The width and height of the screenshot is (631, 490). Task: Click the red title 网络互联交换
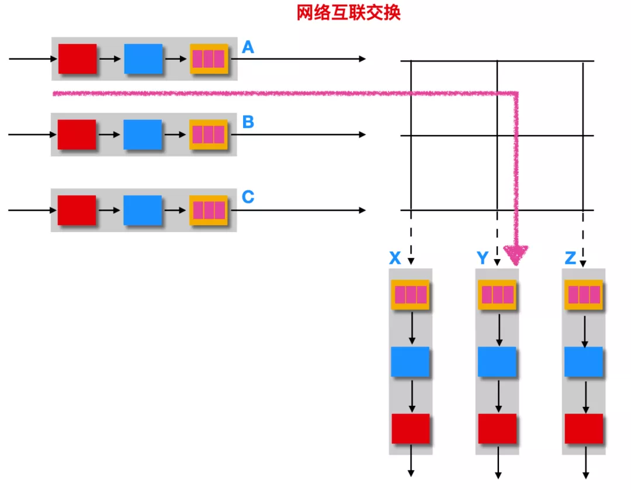(x=348, y=12)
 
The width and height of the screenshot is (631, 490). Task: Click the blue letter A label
(x=248, y=47)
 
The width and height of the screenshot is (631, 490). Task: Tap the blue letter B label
(x=248, y=122)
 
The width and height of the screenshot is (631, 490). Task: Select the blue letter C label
(x=248, y=197)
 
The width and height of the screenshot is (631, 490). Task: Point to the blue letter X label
(x=395, y=258)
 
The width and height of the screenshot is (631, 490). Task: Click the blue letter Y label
(x=483, y=258)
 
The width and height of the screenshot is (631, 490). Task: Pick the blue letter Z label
(x=571, y=258)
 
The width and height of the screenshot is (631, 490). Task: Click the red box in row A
(x=77, y=59)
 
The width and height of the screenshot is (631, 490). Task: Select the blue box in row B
(x=143, y=134)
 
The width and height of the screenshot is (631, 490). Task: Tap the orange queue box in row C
(x=209, y=210)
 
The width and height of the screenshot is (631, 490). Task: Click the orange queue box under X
(x=411, y=295)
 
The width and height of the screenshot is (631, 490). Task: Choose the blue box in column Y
(x=497, y=361)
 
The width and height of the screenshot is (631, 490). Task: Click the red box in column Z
(x=584, y=429)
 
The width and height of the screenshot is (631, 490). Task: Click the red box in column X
(x=411, y=429)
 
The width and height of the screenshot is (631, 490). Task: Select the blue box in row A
(x=143, y=59)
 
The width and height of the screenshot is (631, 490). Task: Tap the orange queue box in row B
(x=209, y=134)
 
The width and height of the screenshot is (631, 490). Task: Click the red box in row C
(x=77, y=210)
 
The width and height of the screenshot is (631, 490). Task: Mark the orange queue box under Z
(x=584, y=295)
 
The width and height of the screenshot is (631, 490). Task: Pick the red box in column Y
(x=497, y=429)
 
